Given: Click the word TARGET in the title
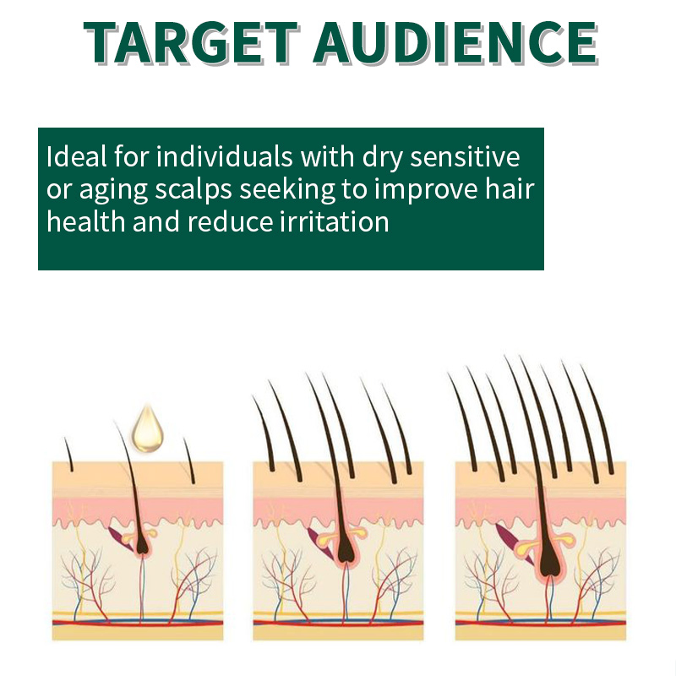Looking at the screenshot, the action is (x=191, y=42).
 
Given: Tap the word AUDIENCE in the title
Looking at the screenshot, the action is (x=455, y=42).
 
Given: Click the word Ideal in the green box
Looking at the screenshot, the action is (x=76, y=156).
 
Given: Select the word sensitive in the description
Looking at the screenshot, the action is (x=465, y=156).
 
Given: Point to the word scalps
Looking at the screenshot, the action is (x=194, y=190).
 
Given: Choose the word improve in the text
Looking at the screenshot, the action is (x=426, y=190).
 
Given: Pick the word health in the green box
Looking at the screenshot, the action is (x=86, y=221).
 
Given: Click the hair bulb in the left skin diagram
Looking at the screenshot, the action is (x=142, y=546).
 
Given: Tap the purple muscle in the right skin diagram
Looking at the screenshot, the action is (x=513, y=542).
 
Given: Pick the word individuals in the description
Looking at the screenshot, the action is (x=225, y=156).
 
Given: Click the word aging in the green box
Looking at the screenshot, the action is (x=113, y=190).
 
